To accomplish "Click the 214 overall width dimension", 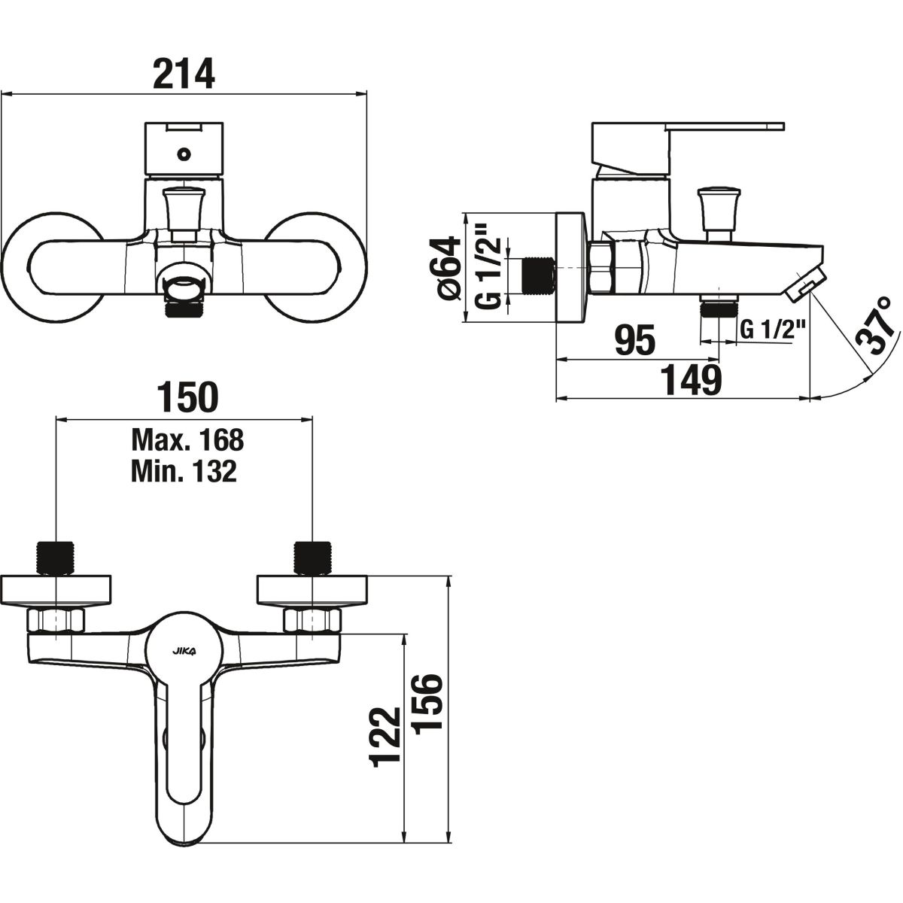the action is point(184,74).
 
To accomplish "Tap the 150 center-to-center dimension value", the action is point(187,397).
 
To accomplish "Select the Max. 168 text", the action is point(188,439).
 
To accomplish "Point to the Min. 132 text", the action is point(184,471).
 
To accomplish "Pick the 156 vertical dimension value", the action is point(427,702).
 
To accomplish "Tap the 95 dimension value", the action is point(635,341).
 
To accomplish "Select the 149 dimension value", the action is point(691,380).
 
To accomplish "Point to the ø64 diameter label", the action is point(449,268).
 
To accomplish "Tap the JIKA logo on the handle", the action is point(184,652).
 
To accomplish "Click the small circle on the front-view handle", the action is point(184,154).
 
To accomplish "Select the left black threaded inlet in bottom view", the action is point(55,558).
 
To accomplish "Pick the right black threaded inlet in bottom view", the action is point(312,558).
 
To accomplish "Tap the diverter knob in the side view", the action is point(719,213).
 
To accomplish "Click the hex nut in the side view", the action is point(602,268).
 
